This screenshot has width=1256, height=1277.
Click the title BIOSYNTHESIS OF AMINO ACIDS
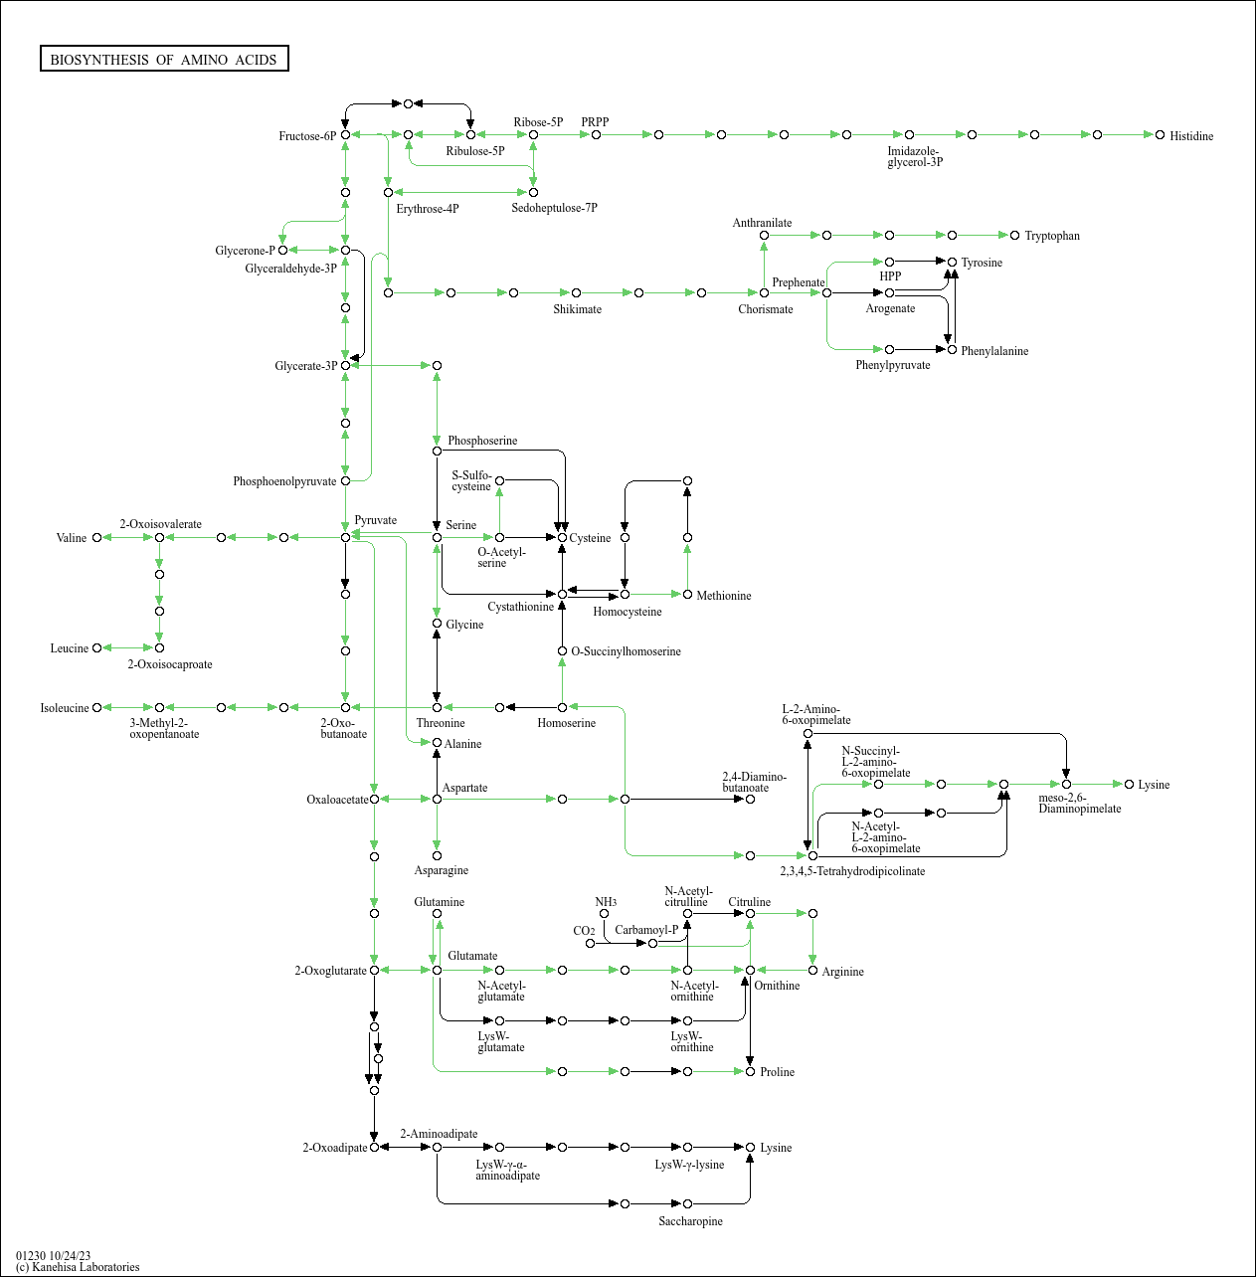tap(164, 60)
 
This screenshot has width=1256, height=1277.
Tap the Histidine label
tap(1190, 136)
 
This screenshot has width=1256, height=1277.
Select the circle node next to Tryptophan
tap(1015, 236)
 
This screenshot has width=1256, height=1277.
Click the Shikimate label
tap(577, 309)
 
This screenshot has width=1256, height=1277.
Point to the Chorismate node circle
tap(764, 292)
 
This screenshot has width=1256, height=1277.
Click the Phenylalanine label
tap(994, 351)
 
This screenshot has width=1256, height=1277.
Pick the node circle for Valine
tap(96, 538)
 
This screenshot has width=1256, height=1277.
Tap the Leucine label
tap(70, 648)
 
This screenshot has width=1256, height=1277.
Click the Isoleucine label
tap(65, 708)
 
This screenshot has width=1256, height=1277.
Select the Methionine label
tap(724, 596)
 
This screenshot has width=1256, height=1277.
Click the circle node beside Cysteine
tap(562, 538)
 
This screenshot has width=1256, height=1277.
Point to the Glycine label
tap(464, 625)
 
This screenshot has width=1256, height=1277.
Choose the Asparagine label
tap(441, 870)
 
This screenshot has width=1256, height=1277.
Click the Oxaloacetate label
tap(337, 800)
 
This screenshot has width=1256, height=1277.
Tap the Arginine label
tap(842, 972)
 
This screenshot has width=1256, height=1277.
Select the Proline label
tap(777, 1072)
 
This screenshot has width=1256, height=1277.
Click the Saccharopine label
tap(690, 1221)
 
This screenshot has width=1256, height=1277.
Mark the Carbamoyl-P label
tap(646, 930)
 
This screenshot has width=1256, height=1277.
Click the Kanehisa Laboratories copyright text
tap(78, 1267)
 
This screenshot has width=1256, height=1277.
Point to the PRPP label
tap(595, 122)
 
